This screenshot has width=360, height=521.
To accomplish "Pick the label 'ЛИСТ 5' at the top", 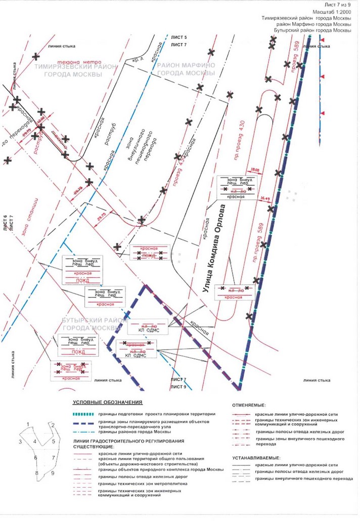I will click(x=179, y=38).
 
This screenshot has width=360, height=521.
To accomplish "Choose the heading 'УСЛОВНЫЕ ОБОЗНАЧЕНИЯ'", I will click(x=107, y=402).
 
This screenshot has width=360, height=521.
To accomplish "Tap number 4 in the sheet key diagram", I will click(x=34, y=441).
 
